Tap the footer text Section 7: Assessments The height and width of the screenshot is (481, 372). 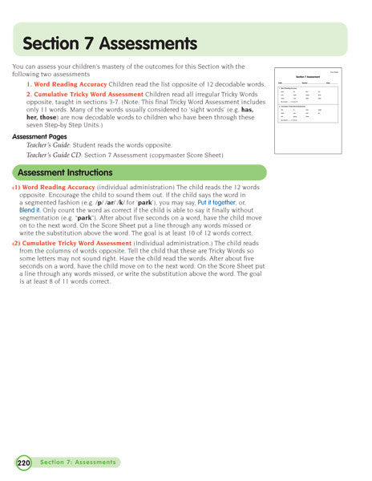coord(79,463)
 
